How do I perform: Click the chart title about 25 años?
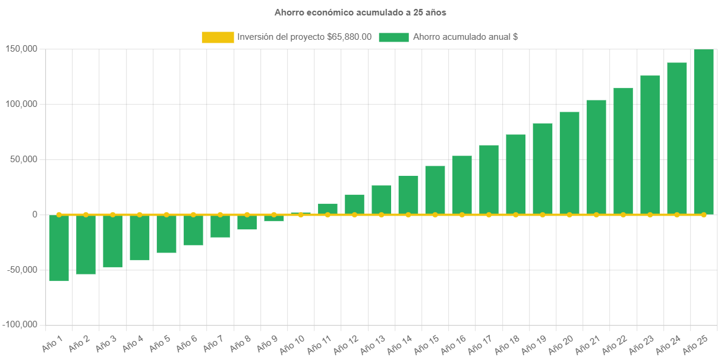(360, 12)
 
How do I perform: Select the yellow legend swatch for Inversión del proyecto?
(218, 37)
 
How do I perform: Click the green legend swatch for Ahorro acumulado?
(393, 37)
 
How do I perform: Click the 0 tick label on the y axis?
(34, 214)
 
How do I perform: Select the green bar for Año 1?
(59, 248)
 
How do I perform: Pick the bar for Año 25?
(704, 132)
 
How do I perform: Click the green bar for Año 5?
(166, 234)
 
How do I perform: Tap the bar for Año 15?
(435, 190)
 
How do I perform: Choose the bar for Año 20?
(569, 163)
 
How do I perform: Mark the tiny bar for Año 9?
(274, 218)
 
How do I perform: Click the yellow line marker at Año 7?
(220, 214)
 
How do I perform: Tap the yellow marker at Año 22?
(623, 214)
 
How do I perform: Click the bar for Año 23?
(650, 145)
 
